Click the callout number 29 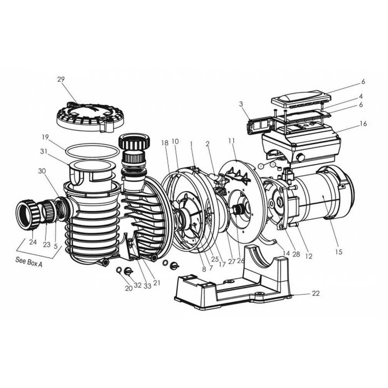click(61, 79)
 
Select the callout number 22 click(316, 294)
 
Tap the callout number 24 click(32, 243)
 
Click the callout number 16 click(364, 124)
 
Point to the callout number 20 click(128, 288)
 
